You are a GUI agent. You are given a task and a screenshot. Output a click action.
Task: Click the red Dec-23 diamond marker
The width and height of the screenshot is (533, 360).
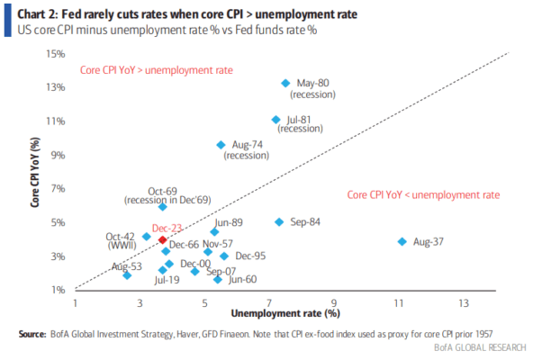coord(163,239)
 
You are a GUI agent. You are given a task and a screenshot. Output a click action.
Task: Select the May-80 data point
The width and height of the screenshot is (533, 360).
coord(285,83)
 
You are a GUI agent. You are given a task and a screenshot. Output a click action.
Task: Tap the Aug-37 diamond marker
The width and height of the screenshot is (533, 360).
coord(402,242)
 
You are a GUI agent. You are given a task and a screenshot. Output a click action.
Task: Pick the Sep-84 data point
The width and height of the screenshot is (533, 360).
coord(279,222)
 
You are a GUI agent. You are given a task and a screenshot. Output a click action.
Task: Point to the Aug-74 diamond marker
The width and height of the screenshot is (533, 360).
coord(221,145)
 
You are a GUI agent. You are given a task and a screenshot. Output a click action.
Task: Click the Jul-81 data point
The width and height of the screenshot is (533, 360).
coord(276,120)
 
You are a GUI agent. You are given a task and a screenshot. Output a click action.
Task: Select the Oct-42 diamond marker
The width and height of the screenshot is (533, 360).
coord(147,237)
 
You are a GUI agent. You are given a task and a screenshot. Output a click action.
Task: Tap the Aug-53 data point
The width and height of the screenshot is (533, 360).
coord(127,275)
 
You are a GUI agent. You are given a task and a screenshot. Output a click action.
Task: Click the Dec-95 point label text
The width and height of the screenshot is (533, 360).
coord(250,256)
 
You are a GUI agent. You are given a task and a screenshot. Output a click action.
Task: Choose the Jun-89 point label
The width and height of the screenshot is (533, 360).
coord(229,222)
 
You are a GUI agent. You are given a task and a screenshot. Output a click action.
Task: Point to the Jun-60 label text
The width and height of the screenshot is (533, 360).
coord(243,279)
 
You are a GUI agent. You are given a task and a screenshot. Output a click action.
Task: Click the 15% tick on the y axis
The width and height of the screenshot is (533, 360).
coord(56,54)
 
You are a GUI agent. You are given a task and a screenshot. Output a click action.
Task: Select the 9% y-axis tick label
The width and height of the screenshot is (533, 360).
coord(59,156)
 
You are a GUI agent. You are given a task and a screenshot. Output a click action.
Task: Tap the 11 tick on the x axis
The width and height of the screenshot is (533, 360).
coord(399,303)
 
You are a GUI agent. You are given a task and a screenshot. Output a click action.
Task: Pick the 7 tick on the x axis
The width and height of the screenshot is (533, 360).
coord(269,303)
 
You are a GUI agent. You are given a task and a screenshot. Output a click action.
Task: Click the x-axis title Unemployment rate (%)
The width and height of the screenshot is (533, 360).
coord(285,313)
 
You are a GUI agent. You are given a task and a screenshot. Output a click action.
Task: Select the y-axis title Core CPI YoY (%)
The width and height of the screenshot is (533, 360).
coord(35,173)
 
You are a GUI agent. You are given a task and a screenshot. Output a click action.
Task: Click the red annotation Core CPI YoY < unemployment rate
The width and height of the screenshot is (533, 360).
coord(423,195)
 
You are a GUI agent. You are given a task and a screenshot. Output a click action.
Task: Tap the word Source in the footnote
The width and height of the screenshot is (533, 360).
coord(32,334)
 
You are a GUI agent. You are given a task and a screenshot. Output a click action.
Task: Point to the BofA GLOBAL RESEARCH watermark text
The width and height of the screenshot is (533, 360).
coord(480,347)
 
